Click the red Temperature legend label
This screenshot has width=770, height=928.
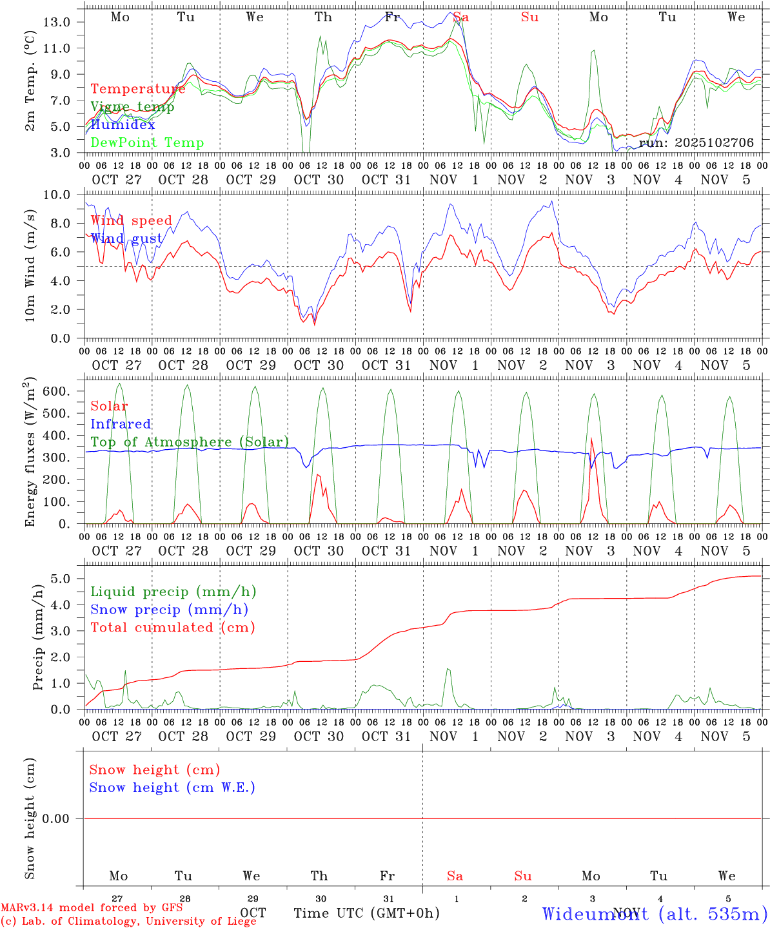(137, 89)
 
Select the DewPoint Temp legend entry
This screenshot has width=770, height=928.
(147, 142)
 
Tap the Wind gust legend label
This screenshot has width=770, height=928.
(126, 238)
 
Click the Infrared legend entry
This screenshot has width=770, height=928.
(121, 424)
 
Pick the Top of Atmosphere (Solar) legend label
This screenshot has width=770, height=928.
(189, 442)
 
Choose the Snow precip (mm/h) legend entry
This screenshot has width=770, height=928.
(169, 610)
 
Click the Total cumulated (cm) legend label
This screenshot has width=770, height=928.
(172, 627)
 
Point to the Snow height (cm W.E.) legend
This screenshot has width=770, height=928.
(172, 788)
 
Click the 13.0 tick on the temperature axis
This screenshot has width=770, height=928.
(57, 22)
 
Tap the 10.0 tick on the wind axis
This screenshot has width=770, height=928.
(57, 195)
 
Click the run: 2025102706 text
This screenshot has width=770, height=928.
(696, 142)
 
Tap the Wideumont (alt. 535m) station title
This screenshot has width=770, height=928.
(655, 913)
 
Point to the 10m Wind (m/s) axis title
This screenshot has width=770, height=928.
(30, 266)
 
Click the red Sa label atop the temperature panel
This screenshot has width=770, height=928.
(460, 17)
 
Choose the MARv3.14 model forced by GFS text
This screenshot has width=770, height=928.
(91, 907)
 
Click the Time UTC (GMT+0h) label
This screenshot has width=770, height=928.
(366, 913)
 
